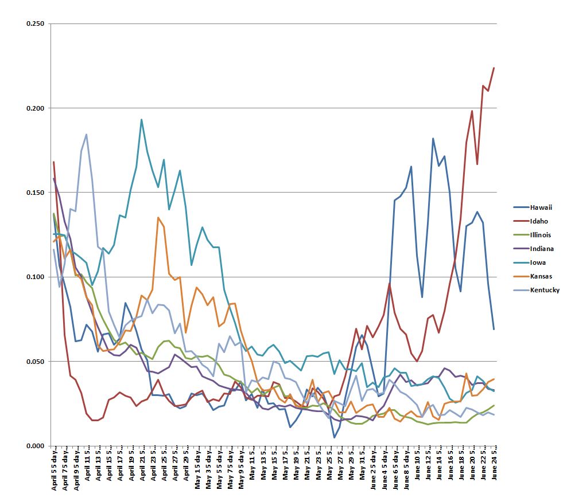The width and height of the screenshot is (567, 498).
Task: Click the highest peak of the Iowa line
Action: pyautogui.click(x=142, y=120)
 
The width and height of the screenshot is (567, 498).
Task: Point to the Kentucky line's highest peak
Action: pyautogui.click(x=87, y=135)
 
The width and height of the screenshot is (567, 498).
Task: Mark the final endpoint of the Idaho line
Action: pyautogui.click(x=494, y=68)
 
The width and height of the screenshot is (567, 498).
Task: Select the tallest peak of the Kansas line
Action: pyautogui.click(x=158, y=218)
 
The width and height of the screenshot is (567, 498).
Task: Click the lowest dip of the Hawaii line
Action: pyautogui.click(x=334, y=437)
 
